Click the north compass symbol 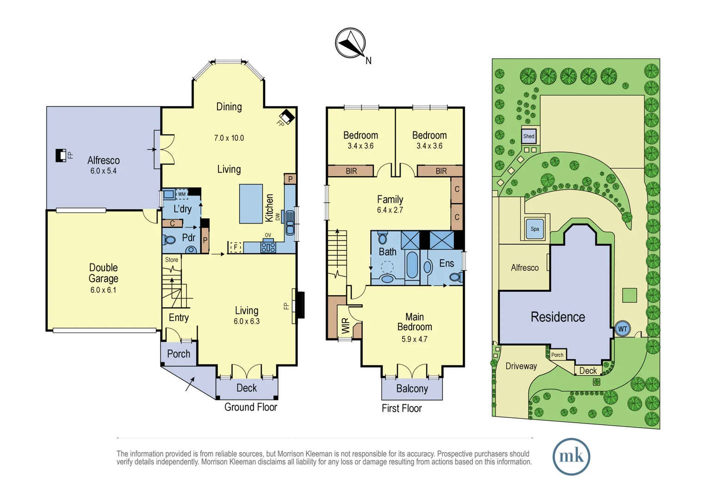tap(350, 44)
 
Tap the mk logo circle tap(571, 456)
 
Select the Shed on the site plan tap(529, 136)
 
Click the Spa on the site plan tap(535, 229)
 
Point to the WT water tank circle tap(623, 329)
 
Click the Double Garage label tap(103, 273)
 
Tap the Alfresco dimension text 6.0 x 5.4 tap(103, 171)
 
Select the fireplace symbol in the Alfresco tap(61, 156)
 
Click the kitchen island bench tap(251, 204)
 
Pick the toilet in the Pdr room tap(170, 240)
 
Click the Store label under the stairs tap(171, 260)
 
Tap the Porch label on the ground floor tap(179, 354)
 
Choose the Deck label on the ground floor tap(246, 388)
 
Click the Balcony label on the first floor tap(412, 388)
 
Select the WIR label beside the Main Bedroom tap(345, 326)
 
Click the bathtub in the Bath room tap(412, 264)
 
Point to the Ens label tap(446, 263)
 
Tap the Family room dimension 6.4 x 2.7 tap(390, 210)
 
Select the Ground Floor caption tap(250, 407)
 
